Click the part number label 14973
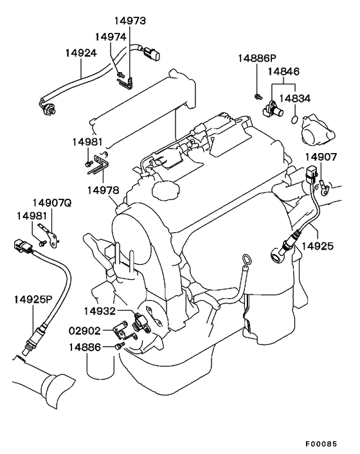click(x=130, y=21)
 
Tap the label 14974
click(x=111, y=37)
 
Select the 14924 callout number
click(x=81, y=53)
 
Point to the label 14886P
click(x=257, y=59)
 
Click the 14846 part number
click(x=283, y=71)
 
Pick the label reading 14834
click(x=295, y=98)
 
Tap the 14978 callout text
click(x=104, y=190)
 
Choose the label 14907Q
click(x=52, y=203)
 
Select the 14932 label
click(x=100, y=311)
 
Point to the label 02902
click(x=84, y=331)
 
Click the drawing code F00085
click(x=321, y=444)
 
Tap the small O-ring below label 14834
click(x=294, y=120)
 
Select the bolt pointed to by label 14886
click(x=120, y=345)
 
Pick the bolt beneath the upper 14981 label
click(x=88, y=164)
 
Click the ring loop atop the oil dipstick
click(x=246, y=259)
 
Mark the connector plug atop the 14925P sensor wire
click(x=24, y=246)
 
